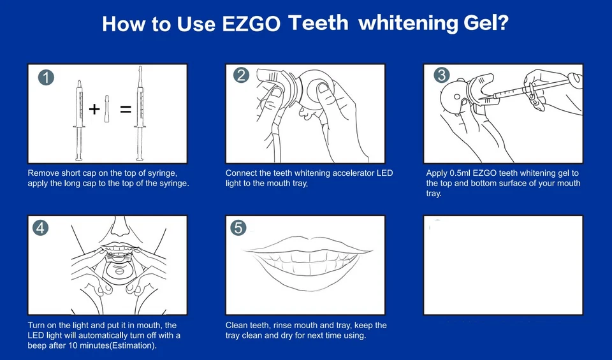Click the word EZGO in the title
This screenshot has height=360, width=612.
(251, 24)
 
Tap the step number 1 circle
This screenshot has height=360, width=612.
(46, 78)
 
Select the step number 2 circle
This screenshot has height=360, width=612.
(241, 75)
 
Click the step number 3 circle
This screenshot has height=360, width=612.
(441, 75)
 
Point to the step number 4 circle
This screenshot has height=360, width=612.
(41, 227)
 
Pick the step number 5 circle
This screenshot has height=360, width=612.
(238, 227)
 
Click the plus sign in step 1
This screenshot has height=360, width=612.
(94, 109)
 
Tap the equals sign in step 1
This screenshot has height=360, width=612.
(126, 110)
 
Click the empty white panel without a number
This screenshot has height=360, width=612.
(503, 265)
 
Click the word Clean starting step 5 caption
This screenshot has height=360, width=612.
(237, 326)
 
